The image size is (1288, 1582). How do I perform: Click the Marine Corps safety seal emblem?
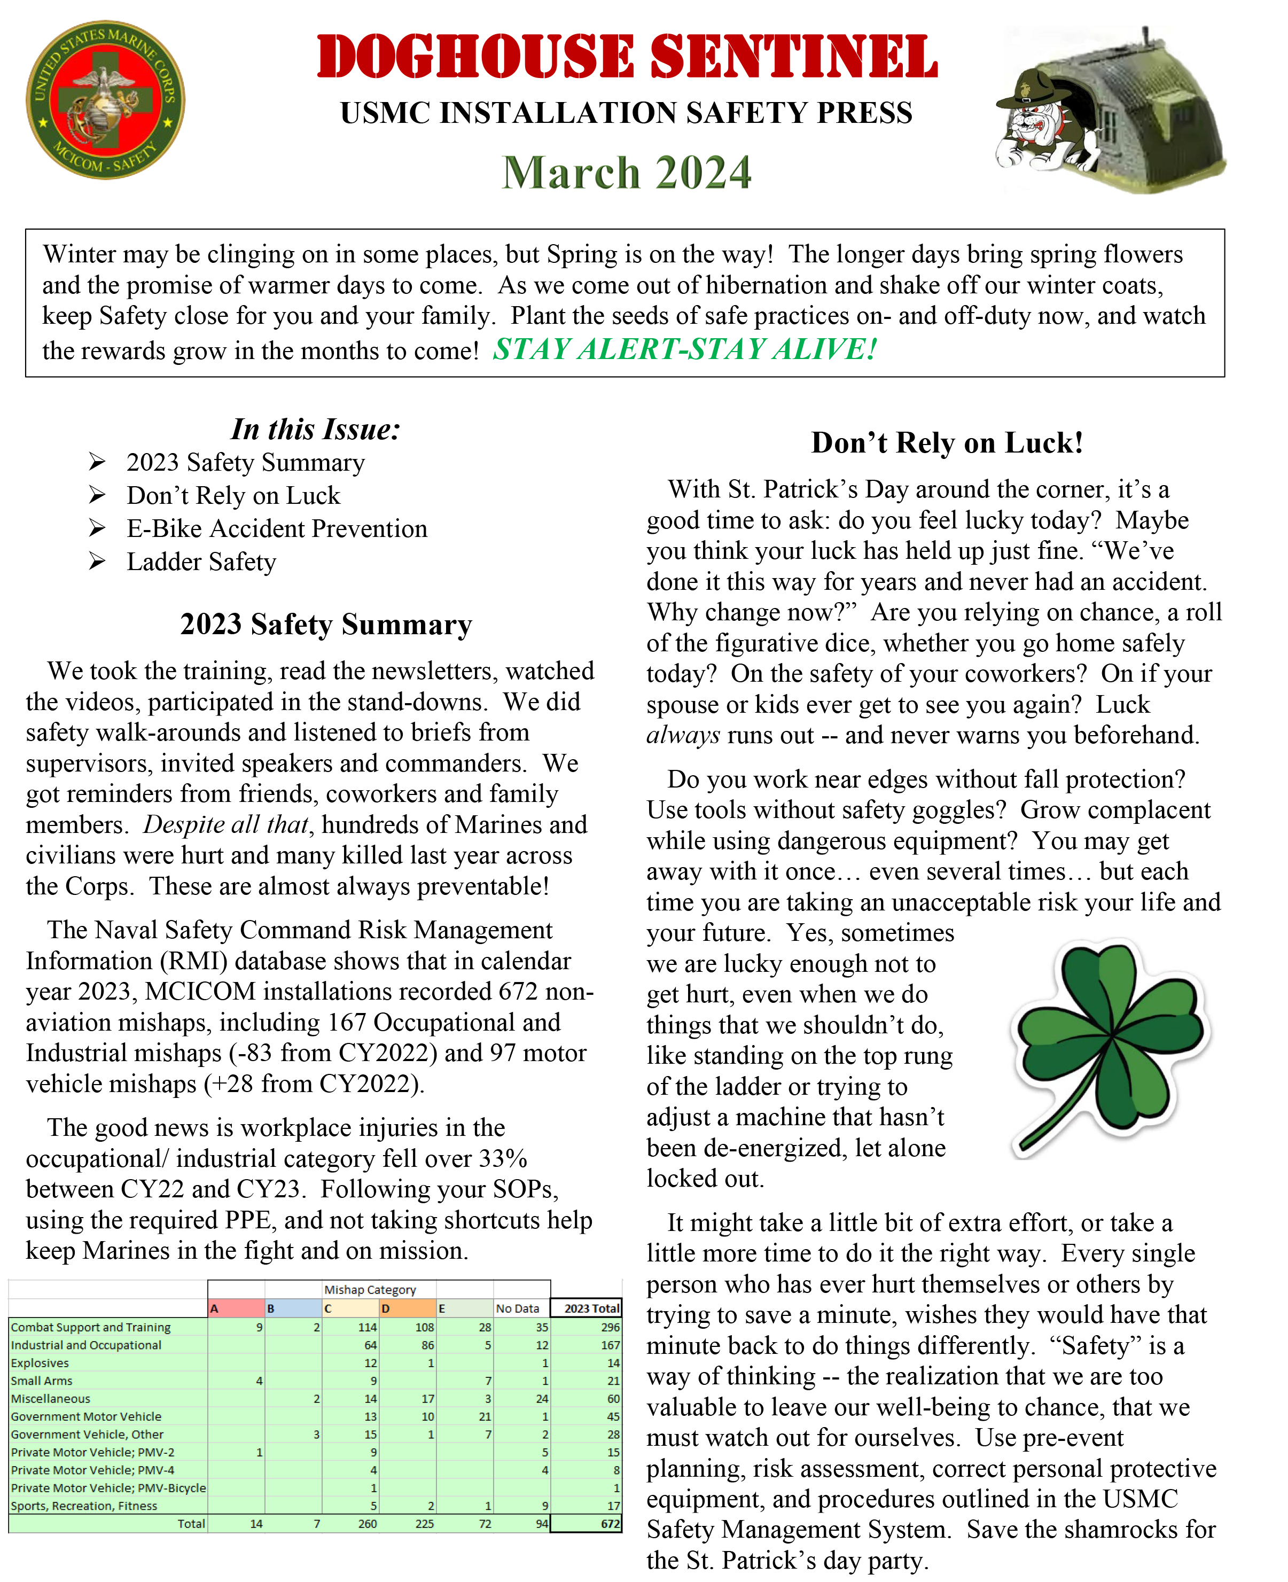pos(105,99)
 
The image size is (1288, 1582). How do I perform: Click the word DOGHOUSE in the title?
pos(475,57)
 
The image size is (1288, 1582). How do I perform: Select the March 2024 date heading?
pos(627,173)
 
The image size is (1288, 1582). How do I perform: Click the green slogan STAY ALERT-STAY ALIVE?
pos(685,349)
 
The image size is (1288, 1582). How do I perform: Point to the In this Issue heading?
pos(315,430)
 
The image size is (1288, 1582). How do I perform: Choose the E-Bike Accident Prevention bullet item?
pos(277,528)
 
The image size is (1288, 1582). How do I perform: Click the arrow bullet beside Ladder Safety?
pos(97,561)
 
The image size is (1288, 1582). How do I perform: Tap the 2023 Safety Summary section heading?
pos(326,624)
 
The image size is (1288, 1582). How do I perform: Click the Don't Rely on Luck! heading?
pos(947,443)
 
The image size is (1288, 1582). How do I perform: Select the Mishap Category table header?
pos(370,1290)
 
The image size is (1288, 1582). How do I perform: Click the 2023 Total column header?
pos(591,1308)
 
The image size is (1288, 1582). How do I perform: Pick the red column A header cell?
pos(236,1308)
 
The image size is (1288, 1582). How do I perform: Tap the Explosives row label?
pos(40,1363)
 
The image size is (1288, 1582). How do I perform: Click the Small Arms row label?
pos(42,1381)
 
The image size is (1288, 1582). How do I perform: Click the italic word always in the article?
pos(683,735)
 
